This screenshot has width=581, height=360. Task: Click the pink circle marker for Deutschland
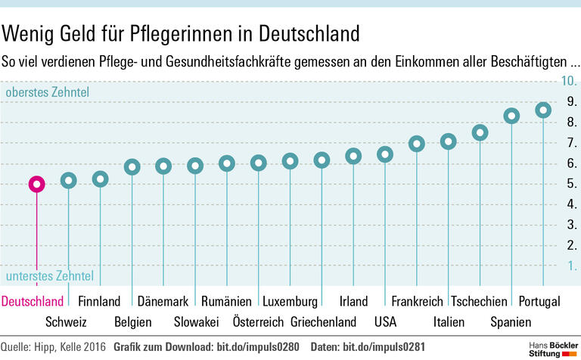[36, 184]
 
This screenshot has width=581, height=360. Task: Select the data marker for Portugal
[543, 110]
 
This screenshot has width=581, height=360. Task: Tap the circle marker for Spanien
[511, 116]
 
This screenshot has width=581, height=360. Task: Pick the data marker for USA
[385, 154]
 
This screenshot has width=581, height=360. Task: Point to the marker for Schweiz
[69, 180]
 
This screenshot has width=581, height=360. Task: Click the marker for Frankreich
[417, 144]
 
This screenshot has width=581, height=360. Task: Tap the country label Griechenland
[323, 322]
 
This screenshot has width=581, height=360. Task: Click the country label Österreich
[258, 322]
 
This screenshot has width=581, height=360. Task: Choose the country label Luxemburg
[290, 301]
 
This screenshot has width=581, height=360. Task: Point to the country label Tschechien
[479, 301]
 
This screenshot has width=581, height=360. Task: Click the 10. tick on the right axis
[568, 81]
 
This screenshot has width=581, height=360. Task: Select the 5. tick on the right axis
[571, 184]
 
